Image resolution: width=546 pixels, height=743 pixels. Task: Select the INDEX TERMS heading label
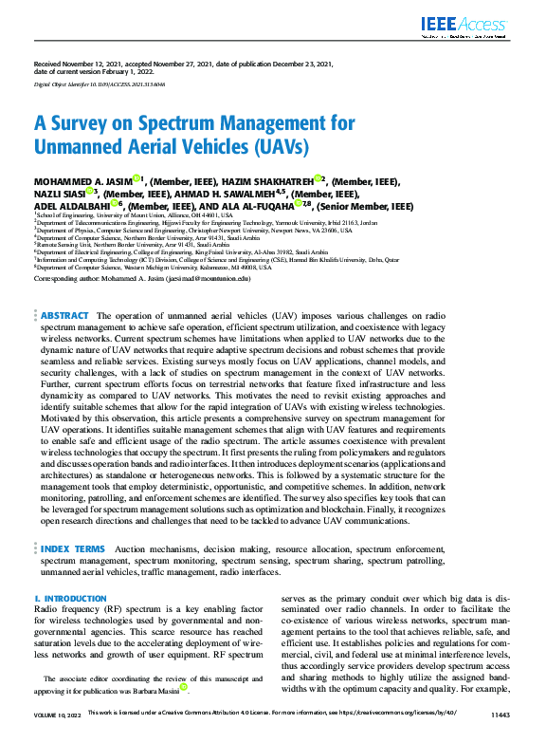73,549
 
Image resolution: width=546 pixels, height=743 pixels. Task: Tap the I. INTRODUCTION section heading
69,599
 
